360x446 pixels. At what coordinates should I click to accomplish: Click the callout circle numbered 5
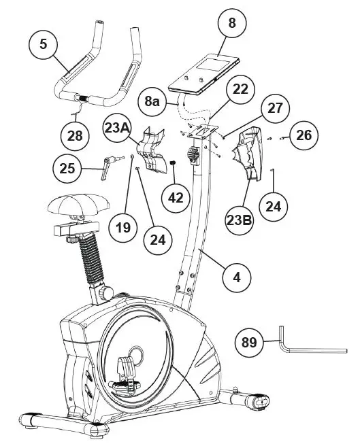[44, 45]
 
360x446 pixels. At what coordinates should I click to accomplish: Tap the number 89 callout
[250, 342]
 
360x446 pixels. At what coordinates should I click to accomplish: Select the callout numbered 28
[75, 135]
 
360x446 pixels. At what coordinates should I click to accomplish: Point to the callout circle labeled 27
[273, 109]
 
